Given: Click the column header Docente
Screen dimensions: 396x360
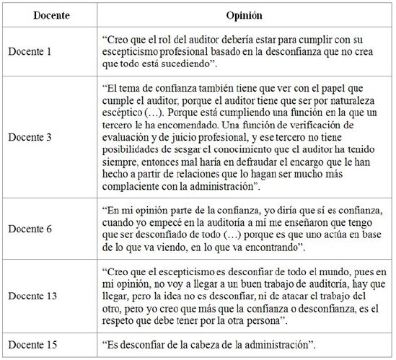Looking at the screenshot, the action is coord(45,15).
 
